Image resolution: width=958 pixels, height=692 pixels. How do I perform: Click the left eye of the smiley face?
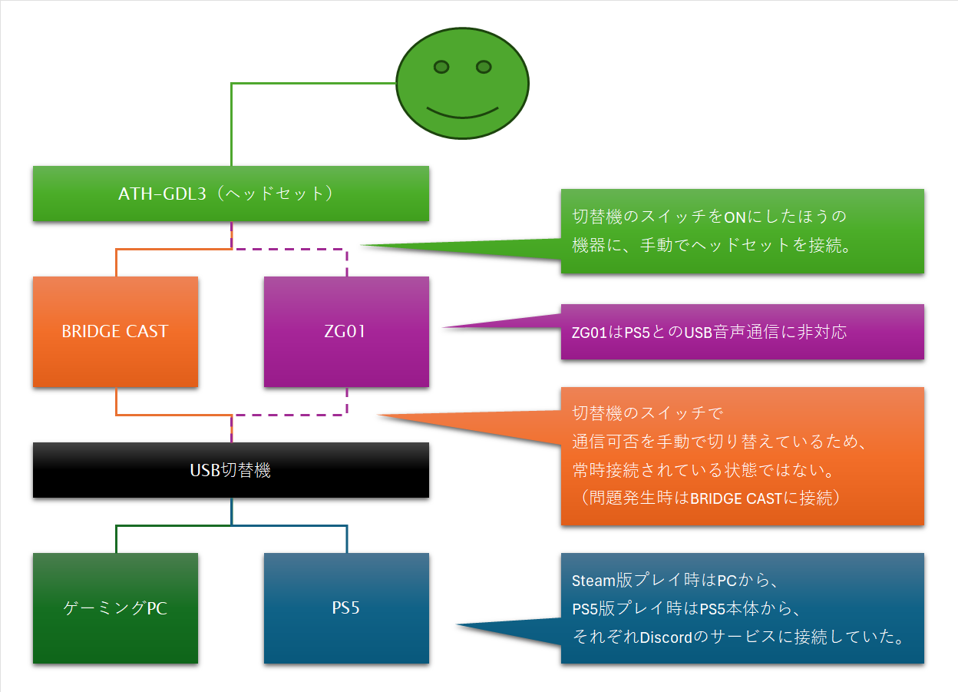click(x=441, y=68)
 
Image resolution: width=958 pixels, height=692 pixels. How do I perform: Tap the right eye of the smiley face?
click(x=484, y=67)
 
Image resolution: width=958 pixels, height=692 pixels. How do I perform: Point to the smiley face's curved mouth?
click(x=463, y=114)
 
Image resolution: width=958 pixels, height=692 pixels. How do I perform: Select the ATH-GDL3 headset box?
click(x=230, y=194)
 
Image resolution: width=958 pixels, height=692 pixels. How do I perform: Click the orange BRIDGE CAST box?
click(x=115, y=332)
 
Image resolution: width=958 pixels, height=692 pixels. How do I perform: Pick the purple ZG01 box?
click(x=346, y=332)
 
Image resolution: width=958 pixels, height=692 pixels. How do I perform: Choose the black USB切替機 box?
click(x=230, y=470)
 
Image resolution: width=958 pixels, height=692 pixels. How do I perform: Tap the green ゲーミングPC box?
click(x=115, y=608)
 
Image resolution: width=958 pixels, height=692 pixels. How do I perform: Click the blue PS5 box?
click(x=346, y=608)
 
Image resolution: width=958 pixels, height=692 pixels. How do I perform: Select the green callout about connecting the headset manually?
click(x=742, y=231)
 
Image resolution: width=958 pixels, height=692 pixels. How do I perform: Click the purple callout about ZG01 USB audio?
click(x=742, y=332)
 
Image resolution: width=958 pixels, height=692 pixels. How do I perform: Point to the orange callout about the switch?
click(x=742, y=456)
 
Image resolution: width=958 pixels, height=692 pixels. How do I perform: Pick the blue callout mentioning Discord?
click(x=742, y=608)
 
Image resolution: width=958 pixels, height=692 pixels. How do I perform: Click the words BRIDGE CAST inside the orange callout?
click(x=726, y=498)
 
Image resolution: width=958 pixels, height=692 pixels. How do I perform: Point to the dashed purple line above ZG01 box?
click(x=307, y=249)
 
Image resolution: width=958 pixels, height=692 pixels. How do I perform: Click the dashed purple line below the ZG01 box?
click(x=307, y=415)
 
